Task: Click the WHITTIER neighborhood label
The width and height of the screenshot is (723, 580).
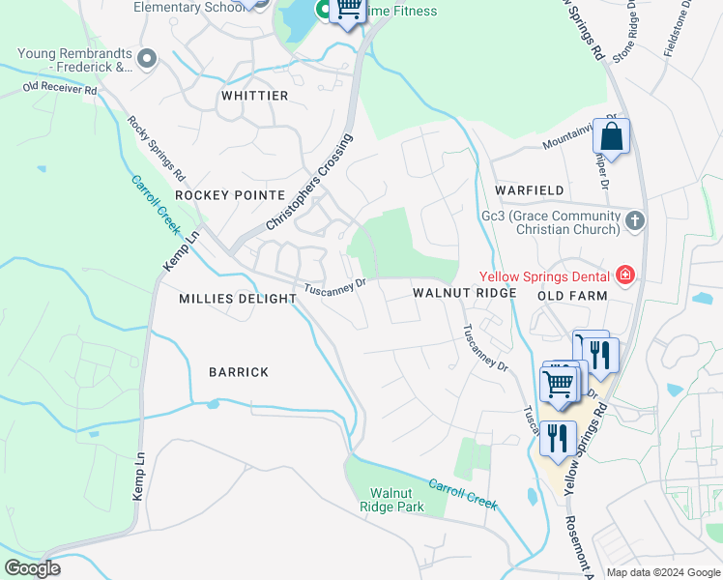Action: (254, 96)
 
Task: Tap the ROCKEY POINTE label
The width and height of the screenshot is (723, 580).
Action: (230, 194)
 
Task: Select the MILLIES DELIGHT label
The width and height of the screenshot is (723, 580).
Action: (238, 299)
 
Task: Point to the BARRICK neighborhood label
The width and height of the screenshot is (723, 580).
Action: (239, 372)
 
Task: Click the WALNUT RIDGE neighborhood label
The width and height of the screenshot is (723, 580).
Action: (465, 292)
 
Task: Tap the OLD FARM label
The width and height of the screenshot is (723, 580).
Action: (572, 295)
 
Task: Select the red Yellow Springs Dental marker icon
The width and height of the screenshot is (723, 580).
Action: (625, 275)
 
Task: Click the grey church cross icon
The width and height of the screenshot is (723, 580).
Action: (635, 221)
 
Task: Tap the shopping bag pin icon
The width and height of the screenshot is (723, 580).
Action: (611, 136)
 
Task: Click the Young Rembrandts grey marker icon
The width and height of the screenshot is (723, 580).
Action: (147, 60)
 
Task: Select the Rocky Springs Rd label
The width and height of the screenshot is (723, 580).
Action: (156, 149)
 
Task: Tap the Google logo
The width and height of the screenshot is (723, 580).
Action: (32, 568)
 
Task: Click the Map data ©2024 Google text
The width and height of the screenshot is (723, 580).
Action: (662, 572)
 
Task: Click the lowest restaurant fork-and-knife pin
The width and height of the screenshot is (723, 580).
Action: (558, 438)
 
